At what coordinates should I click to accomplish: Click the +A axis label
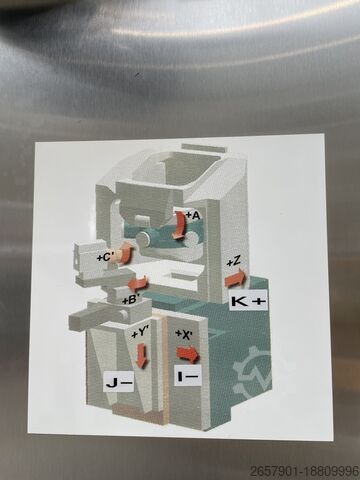pyautogui.click(x=193, y=216)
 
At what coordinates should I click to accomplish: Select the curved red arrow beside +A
pyautogui.click(x=179, y=226)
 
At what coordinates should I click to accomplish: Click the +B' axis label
pyautogui.click(x=129, y=301)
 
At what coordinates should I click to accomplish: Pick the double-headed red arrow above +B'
pyautogui.click(x=138, y=283)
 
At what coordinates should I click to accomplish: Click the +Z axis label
pyautogui.click(x=234, y=262)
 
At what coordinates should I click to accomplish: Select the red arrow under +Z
pyautogui.click(x=236, y=279)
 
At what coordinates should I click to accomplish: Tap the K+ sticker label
pyautogui.click(x=248, y=301)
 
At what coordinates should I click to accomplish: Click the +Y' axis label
pyautogui.click(x=140, y=333)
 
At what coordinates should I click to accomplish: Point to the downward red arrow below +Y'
pyautogui.click(x=142, y=356)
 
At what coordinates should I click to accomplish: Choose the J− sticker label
pyautogui.click(x=119, y=382)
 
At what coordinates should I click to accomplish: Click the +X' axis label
pyautogui.click(x=183, y=333)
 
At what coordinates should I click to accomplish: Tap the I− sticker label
pyautogui.click(x=188, y=376)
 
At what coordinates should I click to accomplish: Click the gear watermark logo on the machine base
pyautogui.click(x=252, y=372)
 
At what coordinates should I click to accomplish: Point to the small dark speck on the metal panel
pyautogui.click(x=137, y=75)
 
